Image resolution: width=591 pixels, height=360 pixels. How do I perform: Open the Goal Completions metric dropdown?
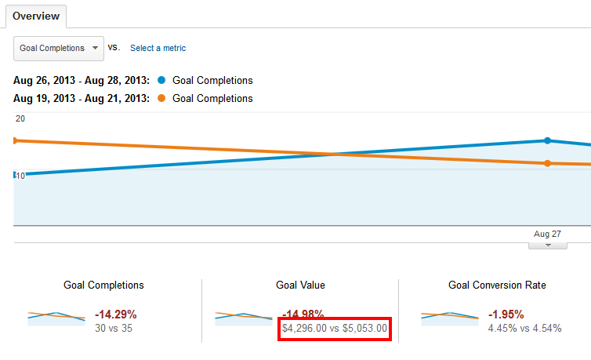59,48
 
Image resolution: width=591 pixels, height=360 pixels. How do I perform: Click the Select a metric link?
158,48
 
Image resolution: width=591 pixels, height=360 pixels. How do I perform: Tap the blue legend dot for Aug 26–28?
161,80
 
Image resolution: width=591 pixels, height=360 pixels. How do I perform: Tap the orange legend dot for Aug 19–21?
161,99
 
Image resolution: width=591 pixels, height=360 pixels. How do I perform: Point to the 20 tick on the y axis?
20,118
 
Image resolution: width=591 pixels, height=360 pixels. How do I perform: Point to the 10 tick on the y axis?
20,175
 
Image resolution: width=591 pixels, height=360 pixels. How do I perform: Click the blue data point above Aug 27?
547,140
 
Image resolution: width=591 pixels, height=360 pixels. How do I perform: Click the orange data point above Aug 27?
547,163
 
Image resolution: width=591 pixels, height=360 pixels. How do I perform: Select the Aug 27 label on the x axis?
547,234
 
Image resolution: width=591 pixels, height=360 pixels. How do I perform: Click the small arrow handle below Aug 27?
548,245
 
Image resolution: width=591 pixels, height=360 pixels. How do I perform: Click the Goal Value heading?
300,285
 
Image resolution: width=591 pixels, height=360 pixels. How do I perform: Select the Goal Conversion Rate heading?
497,285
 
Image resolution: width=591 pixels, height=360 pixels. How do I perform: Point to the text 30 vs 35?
114,328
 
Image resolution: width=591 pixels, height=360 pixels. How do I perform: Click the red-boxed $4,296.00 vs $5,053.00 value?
334,329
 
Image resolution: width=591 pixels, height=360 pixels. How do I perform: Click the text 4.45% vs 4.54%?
524,328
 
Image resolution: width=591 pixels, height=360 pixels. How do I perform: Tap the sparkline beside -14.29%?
56,317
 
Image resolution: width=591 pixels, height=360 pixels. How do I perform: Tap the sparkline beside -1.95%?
450,317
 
